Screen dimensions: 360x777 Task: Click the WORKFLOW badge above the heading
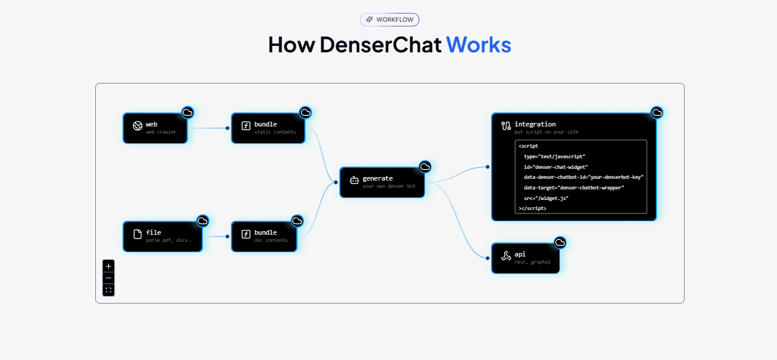point(389,19)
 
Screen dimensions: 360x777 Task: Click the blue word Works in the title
point(478,45)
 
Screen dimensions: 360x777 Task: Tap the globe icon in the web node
point(137,126)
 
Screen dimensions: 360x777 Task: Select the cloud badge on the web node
point(188,112)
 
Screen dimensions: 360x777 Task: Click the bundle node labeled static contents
point(268,128)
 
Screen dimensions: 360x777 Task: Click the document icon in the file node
point(137,235)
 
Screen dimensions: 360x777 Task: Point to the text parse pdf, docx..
point(174,240)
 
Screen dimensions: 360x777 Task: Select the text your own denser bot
point(389,186)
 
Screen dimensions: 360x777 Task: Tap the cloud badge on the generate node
point(425,167)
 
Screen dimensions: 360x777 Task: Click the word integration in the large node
point(535,124)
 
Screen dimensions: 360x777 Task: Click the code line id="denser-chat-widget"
point(555,166)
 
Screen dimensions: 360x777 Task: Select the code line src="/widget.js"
point(546,198)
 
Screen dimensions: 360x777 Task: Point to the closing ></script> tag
point(532,208)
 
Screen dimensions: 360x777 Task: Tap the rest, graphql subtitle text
point(532,262)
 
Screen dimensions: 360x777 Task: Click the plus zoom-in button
point(108,266)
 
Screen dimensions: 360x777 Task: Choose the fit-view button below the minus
point(108,290)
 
